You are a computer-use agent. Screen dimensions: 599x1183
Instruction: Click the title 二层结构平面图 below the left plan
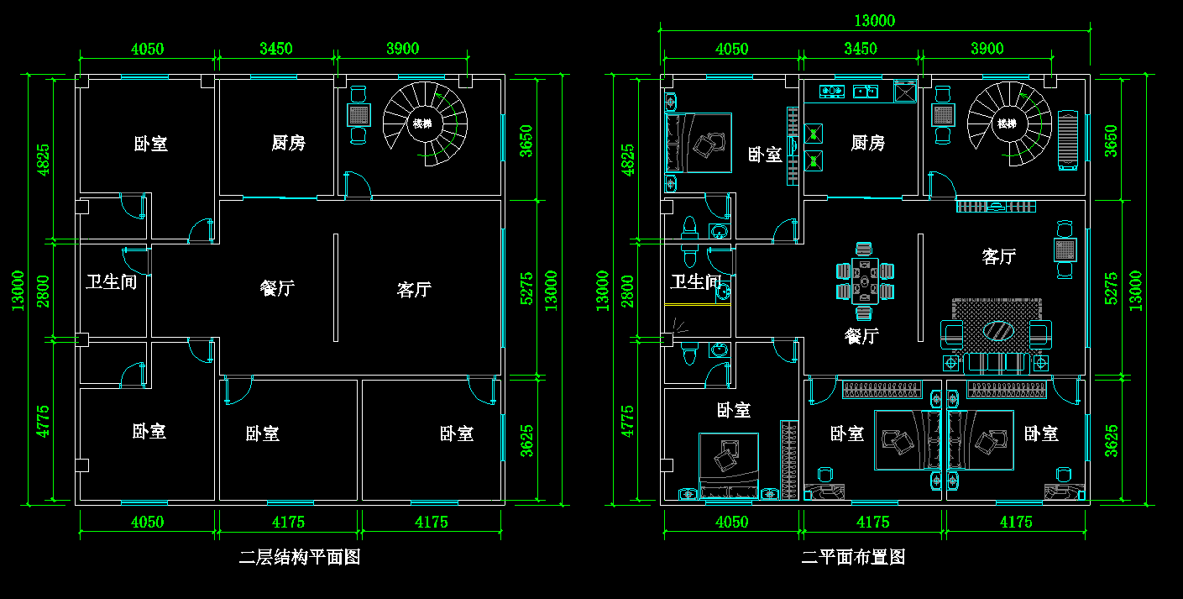(300, 557)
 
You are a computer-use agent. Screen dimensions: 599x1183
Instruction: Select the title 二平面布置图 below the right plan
(853, 557)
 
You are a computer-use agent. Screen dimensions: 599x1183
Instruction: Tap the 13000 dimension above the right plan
(875, 21)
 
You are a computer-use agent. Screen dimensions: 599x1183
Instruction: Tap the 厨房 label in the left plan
(288, 143)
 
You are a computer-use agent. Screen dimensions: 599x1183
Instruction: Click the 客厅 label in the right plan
(998, 256)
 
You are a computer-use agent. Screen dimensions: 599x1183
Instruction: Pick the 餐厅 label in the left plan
(277, 288)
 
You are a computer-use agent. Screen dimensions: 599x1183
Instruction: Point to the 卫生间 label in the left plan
(111, 281)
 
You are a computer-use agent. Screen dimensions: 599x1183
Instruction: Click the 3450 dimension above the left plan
(275, 49)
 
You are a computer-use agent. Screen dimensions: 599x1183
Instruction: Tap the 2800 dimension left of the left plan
(41, 291)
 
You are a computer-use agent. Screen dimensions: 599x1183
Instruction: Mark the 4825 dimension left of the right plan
(626, 160)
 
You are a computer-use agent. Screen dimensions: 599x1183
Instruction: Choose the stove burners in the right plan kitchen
(831, 90)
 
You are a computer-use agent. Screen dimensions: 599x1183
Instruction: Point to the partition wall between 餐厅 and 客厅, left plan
(336, 287)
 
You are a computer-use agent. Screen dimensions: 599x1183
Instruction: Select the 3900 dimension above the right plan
(987, 49)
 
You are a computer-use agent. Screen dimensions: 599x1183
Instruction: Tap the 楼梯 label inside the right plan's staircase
(1006, 123)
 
